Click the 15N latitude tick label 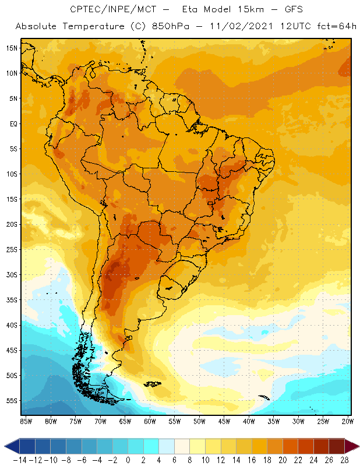(11, 48)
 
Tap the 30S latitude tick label (11, 274)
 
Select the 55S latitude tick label (11, 401)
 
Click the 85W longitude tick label (26, 421)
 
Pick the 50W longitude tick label (200, 421)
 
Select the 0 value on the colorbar (128, 459)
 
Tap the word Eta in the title (188, 9)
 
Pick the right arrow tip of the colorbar (355, 446)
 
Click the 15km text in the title (224, 9)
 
